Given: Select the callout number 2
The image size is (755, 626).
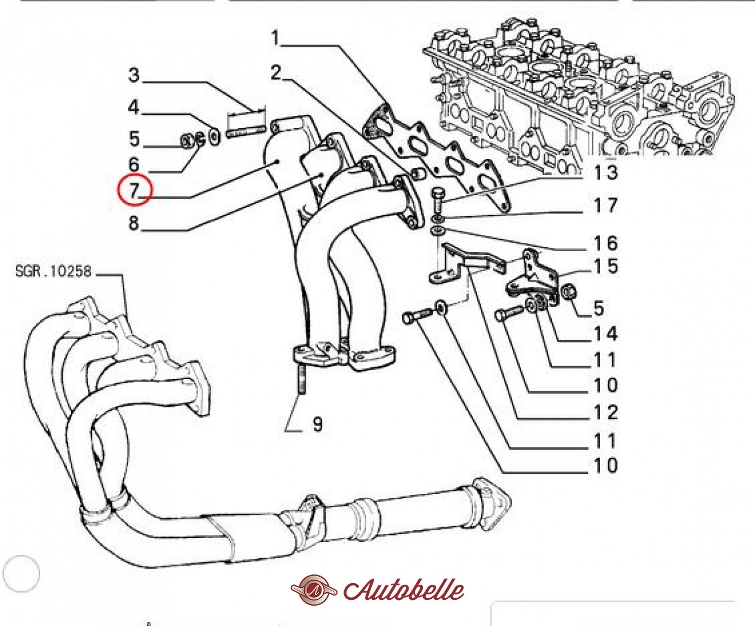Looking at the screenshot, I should point(276,72).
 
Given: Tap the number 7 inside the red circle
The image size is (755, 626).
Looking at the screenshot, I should point(134,190).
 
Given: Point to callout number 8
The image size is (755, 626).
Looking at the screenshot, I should point(134,223).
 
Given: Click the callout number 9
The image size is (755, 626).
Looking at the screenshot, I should point(317,424).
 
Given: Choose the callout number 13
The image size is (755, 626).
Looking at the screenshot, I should point(605,172).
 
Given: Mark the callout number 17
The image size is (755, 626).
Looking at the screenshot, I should point(605,205).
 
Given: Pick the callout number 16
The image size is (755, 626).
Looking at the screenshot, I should point(605,243).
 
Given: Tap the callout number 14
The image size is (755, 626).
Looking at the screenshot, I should point(605,334).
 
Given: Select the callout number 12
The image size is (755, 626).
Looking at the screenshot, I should point(605,412).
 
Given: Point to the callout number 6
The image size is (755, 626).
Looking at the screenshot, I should point(134,164).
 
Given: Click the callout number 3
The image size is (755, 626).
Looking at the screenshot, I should point(134,75).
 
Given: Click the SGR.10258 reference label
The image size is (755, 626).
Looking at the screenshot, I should point(53,271).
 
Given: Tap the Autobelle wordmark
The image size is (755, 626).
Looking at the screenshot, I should point(404,591).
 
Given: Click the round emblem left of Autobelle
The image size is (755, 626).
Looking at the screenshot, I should point(314,590).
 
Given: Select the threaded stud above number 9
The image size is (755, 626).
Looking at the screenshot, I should point(302,380).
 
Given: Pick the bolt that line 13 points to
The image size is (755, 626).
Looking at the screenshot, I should point(438,200).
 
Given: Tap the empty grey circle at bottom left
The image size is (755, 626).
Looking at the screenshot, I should point(21,574).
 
